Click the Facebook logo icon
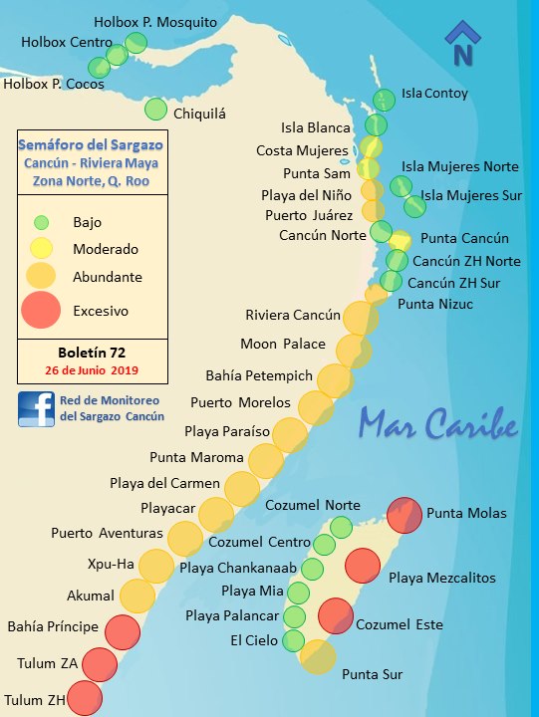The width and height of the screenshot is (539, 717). coord(36,409)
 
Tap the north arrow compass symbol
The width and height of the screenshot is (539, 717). coord(463,45)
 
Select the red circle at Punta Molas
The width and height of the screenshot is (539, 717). coord(404,515)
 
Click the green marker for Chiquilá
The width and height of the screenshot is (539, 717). coord(156,109)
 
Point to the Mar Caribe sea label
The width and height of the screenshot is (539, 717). coord(439,423)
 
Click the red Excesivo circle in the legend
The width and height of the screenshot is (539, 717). coord(41,310)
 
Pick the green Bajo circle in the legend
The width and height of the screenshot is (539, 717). coord(41,222)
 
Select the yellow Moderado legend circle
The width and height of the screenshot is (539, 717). coord(41,248)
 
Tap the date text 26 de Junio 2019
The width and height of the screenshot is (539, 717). coord(91,370)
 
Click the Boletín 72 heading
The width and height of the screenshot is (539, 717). coord(91,352)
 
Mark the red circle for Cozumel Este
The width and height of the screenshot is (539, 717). coord(337,615)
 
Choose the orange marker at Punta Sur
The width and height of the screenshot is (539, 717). coord(318,657)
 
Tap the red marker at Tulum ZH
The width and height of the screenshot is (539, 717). coord(84,698)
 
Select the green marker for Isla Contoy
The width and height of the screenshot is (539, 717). coord(385,99)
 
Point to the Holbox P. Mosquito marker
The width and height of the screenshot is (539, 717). coord(136,43)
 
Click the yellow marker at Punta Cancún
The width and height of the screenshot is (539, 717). coord(400,241)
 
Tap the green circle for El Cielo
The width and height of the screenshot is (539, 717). coord(293,640)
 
